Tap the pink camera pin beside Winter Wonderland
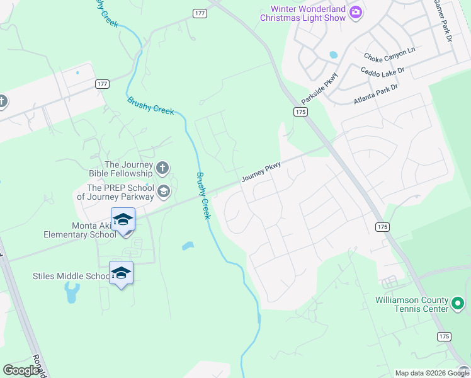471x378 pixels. click(356, 12)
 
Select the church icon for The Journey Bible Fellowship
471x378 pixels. click(162, 168)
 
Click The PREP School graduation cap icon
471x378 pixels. click(164, 192)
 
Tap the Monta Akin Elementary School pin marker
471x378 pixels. click(123, 220)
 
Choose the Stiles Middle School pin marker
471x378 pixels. click(121, 273)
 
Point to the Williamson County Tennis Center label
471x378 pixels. click(411, 304)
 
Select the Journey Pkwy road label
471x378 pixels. click(260, 171)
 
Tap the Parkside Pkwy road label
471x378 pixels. click(319, 88)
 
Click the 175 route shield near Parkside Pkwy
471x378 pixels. click(300, 112)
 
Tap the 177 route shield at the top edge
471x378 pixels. click(200, 13)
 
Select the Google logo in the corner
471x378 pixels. click(21, 370)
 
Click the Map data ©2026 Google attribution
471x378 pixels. click(431, 373)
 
